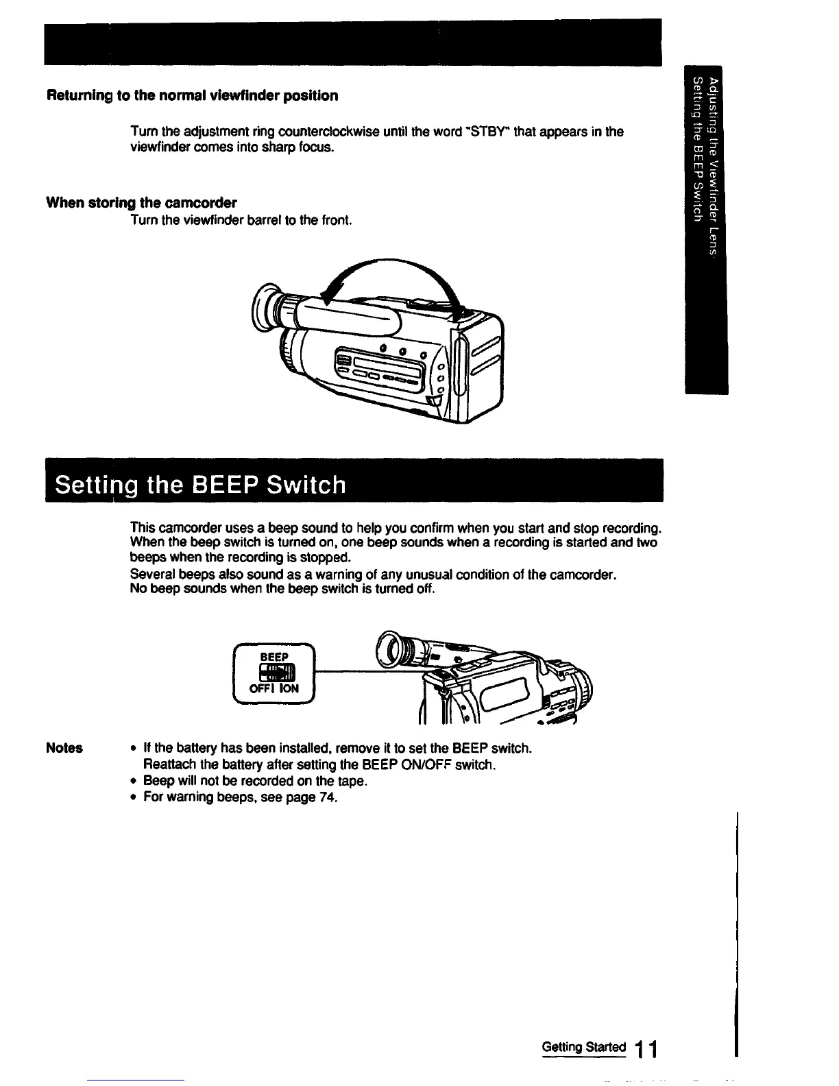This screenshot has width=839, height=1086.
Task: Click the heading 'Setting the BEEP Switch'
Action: coord(200,485)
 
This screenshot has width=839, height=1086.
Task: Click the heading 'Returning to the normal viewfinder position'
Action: coord(192,95)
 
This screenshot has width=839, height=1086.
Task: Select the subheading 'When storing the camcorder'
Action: coord(141,202)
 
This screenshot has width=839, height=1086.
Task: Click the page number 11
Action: coord(645,1048)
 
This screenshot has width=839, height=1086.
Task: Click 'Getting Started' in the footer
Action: coord(583,1047)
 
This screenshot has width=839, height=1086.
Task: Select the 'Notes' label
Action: coord(64,748)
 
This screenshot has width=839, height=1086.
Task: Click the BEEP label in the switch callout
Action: coord(273,657)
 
